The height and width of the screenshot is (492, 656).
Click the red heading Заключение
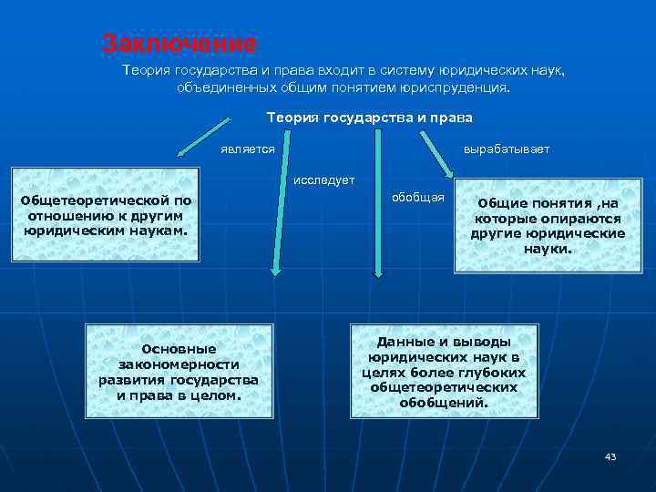click(x=179, y=43)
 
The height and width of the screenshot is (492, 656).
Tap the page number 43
click(x=610, y=456)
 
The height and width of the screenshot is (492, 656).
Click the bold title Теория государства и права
click(x=369, y=118)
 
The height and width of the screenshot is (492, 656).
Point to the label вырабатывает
click(x=506, y=149)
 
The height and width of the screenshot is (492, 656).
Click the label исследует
click(x=323, y=180)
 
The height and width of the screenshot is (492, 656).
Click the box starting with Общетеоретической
click(x=107, y=216)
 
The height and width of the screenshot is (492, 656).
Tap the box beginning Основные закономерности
click(x=179, y=372)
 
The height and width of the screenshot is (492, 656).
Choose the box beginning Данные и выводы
click(x=444, y=372)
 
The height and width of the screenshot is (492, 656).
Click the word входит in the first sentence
click(x=325, y=70)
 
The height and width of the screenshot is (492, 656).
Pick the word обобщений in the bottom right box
click(x=443, y=402)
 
